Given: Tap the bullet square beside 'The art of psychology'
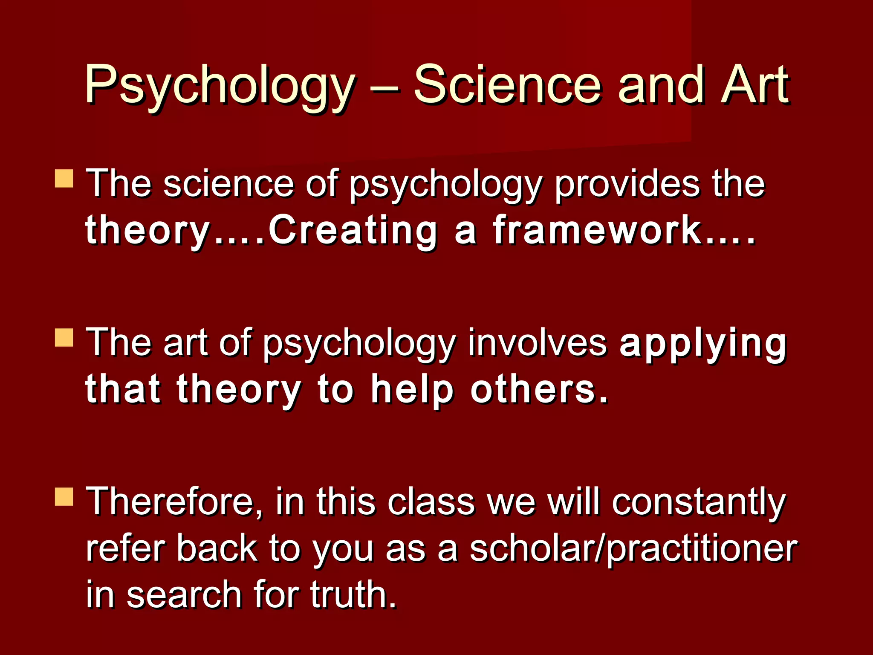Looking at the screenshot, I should click(x=64, y=337).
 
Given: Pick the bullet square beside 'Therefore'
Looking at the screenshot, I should click(x=64, y=497).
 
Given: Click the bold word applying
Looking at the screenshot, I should click(x=702, y=344).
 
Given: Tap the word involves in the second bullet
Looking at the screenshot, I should click(x=537, y=343).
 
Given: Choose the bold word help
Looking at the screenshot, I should click(x=412, y=390).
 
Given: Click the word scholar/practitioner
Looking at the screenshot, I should click(x=633, y=550).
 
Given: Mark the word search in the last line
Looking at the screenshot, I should click(x=184, y=595).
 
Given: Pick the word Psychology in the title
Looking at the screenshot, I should click(x=220, y=85).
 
